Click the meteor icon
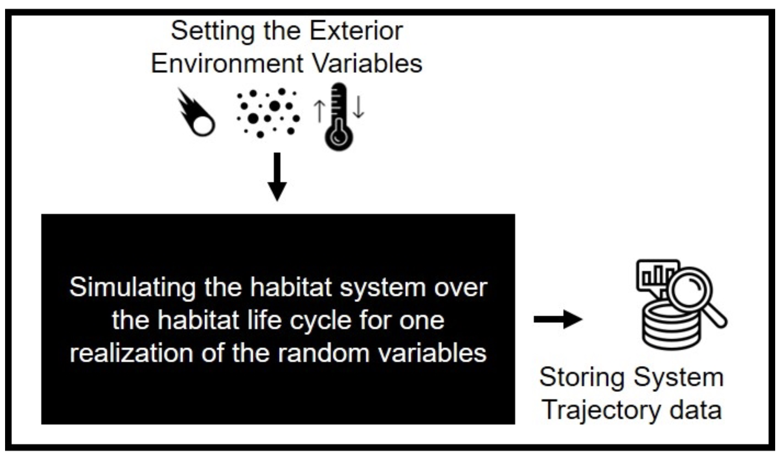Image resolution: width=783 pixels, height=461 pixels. pyautogui.click(x=197, y=114)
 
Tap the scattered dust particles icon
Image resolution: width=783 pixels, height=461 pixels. pyautogui.click(x=268, y=113)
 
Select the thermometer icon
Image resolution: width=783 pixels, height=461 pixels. pyautogui.click(x=339, y=117)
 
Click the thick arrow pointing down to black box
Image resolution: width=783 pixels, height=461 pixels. pyautogui.click(x=277, y=177)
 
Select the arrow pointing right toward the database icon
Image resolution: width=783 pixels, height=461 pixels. pyautogui.click(x=558, y=319)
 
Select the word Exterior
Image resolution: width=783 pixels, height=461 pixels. pyautogui.click(x=356, y=31)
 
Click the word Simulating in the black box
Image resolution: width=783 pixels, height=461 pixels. pyautogui.click(x=132, y=288)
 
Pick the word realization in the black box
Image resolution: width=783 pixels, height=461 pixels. pyautogui.click(x=131, y=353)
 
